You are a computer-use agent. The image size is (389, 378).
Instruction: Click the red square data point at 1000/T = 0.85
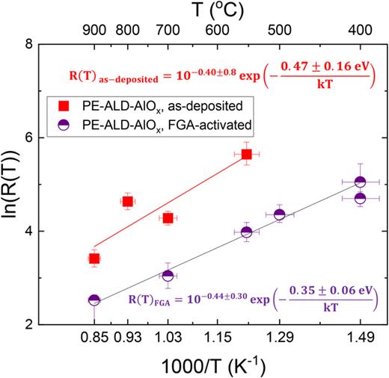(x=94, y=258)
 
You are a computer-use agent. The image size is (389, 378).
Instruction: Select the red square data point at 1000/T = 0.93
(x=127, y=202)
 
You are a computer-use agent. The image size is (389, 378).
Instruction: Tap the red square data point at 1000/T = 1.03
(x=168, y=218)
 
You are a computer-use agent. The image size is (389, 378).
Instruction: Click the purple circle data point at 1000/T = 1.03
(x=168, y=276)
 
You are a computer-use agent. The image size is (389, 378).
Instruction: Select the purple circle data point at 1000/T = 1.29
(x=279, y=214)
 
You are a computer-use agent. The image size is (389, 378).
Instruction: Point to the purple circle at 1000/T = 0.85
(x=94, y=300)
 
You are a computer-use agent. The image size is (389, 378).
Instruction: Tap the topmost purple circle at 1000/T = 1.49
(x=360, y=182)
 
